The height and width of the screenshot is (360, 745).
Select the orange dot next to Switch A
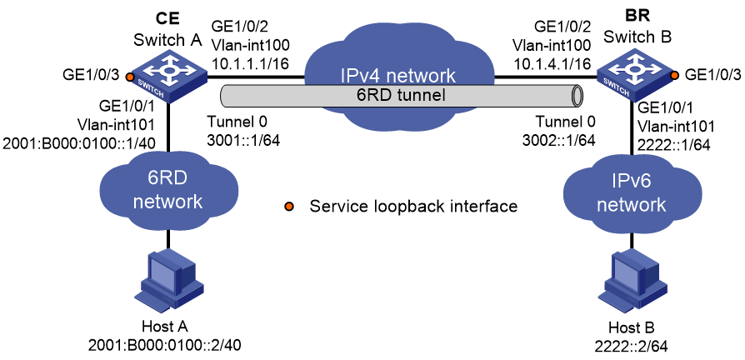coord(127,76)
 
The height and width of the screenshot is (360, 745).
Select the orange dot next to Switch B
coord(673,75)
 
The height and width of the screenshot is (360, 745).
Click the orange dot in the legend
coord(289,207)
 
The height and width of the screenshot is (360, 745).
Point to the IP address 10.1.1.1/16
coord(250,63)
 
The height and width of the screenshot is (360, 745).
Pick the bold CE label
coord(168,18)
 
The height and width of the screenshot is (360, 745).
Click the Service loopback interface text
coord(412,207)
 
